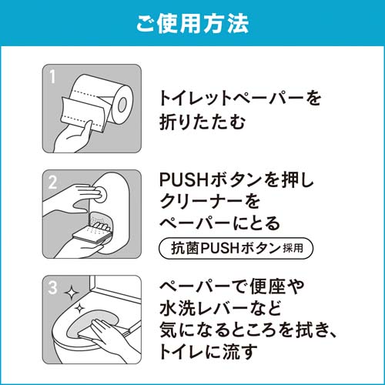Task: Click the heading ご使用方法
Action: coord(192,24)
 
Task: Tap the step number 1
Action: coord(52,76)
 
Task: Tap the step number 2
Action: coord(52,182)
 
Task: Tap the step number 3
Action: coord(52,288)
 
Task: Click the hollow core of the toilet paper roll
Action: coord(122,104)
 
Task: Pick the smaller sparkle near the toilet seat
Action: coord(80,308)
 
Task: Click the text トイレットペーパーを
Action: coord(240,99)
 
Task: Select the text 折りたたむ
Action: coord(203,122)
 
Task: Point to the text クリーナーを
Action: coord(209,202)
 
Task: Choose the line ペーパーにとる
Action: coord(219,223)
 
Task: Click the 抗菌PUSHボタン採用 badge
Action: coord(236,248)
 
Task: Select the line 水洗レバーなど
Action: coord(220,308)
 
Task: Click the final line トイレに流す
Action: coord(208,352)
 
